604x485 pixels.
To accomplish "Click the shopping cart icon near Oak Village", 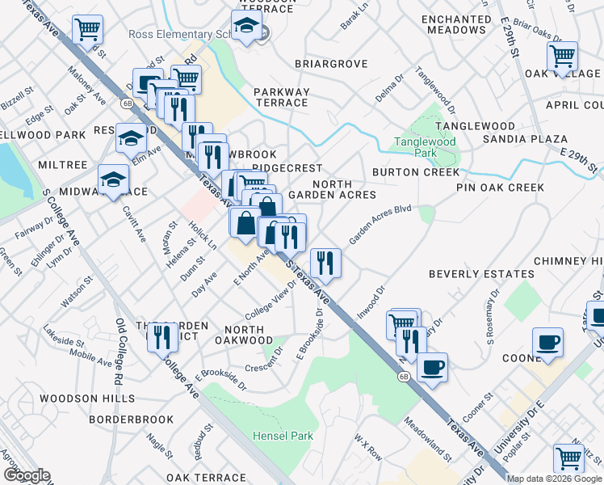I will point(562,57).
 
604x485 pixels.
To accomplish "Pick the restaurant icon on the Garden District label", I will point(162,336).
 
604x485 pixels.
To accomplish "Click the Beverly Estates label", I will point(482,275).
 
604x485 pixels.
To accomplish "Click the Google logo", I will point(27,475).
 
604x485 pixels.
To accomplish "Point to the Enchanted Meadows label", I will point(456,24).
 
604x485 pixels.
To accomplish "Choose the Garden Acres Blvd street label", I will point(380,224).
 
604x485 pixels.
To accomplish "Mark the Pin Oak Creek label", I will point(500,188).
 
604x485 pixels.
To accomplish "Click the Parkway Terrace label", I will point(281,97).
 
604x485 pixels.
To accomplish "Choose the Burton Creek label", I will point(416,172).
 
